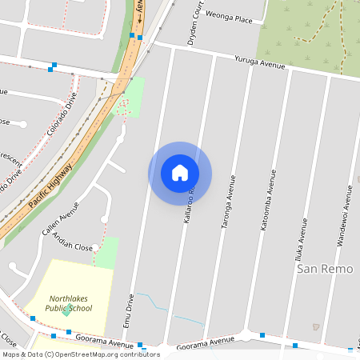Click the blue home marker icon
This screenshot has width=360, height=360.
[180, 173]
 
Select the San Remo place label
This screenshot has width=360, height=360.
[325, 269]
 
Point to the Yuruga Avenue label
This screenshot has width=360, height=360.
[260, 62]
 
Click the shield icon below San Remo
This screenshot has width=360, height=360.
[317, 326]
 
